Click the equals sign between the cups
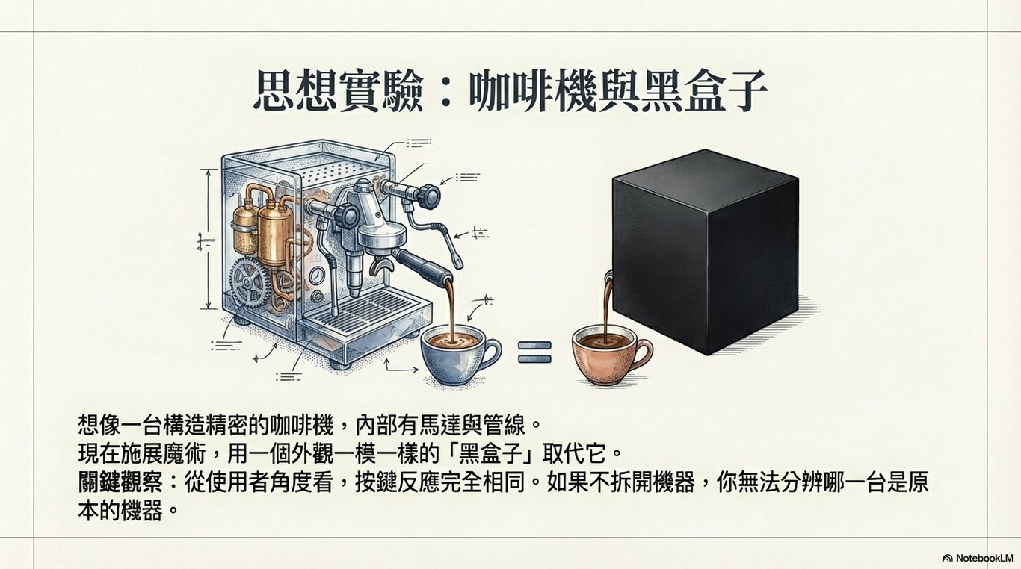pyautogui.click(x=534, y=352)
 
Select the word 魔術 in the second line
pyautogui.click(x=190, y=453)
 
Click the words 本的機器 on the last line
pyautogui.click(x=120, y=512)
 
